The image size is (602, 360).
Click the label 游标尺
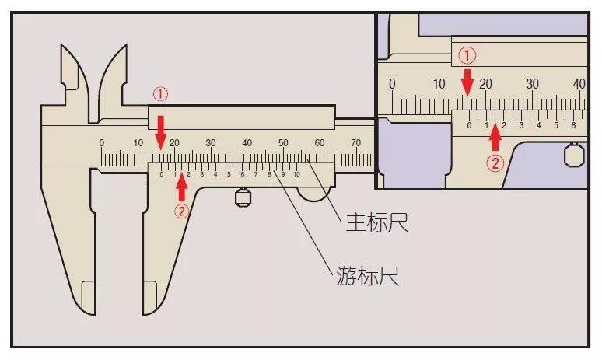tap(368, 275)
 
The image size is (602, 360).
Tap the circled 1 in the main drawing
tap(159, 94)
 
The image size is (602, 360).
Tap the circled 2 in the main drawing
tap(181, 210)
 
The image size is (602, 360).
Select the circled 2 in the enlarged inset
tap(495, 163)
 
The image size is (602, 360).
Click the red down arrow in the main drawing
tap(160, 130)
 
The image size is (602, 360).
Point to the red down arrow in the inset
tap(467, 81)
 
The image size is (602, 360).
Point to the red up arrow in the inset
tap(495, 138)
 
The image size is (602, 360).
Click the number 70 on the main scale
tap(356, 143)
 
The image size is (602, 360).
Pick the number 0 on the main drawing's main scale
tap(101, 143)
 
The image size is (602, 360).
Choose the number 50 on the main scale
tap(283, 143)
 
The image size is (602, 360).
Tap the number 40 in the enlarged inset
tap(579, 84)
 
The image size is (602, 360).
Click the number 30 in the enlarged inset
tap(533, 84)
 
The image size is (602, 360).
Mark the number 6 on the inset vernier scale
tap(573, 125)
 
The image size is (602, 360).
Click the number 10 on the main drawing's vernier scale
tap(296, 174)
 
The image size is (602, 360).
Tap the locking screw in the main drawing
tap(243, 197)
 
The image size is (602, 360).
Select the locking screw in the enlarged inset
tap(574, 154)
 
